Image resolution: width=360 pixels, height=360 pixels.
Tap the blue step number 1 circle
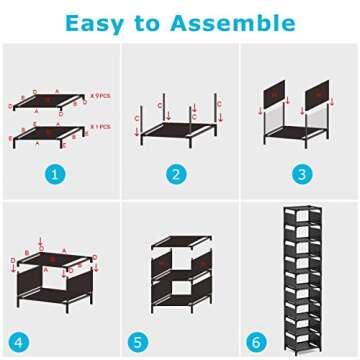(x=57, y=174)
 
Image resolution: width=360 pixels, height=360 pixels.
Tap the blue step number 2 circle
(x=178, y=174)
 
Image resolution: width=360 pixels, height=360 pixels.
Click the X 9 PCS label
(x=100, y=95)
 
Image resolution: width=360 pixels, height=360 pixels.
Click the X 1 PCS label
(x=100, y=127)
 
